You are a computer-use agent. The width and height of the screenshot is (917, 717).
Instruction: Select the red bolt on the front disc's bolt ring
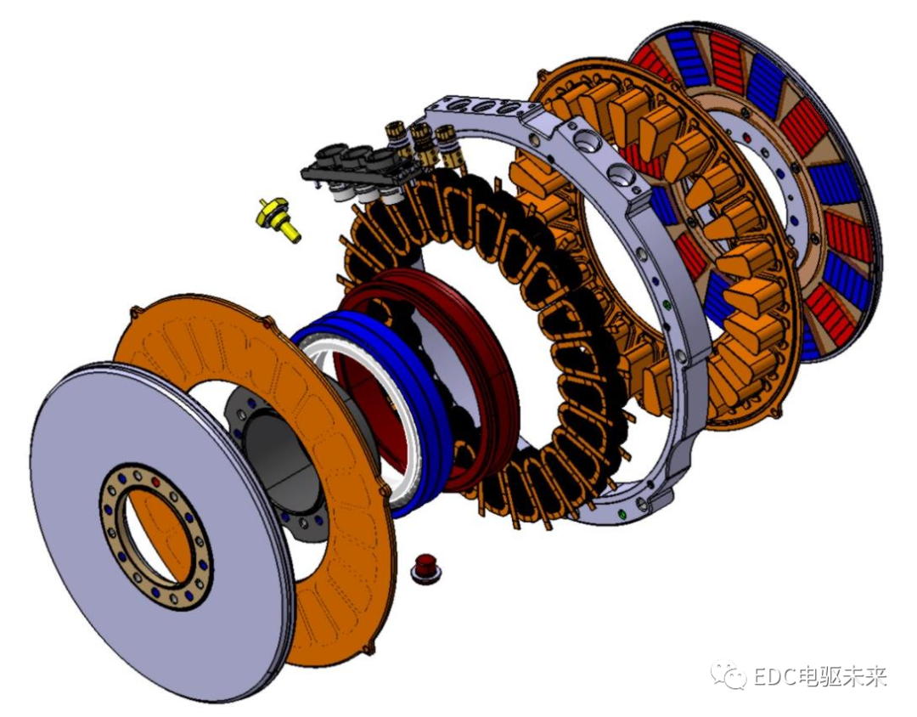tap(155, 482)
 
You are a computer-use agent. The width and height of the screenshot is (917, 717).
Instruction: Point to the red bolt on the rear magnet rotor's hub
tap(746, 138)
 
